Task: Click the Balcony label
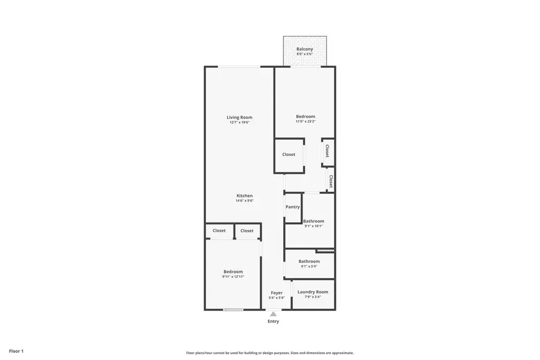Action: [305, 49]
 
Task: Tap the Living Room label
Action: [239, 118]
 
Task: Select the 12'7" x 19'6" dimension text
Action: [239, 122]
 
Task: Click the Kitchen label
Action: [244, 196]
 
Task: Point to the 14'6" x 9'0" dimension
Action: [244, 201]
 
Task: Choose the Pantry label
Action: [293, 207]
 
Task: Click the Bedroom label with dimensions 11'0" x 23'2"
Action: [305, 116]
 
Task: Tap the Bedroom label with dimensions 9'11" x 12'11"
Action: [233, 272]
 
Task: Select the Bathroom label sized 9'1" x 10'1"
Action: [313, 221]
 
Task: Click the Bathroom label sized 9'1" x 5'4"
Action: [309, 261]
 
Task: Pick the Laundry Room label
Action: [313, 292]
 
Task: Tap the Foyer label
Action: [277, 293]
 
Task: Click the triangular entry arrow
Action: [274, 314]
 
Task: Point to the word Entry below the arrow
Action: [274, 322]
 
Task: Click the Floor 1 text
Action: [16, 350]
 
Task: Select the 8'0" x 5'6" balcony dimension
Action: [305, 54]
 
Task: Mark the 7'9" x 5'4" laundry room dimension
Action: [313, 297]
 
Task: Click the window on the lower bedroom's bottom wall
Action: [233, 310]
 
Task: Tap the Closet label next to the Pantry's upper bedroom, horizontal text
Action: [289, 154]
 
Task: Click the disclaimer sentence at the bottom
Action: [270, 353]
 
